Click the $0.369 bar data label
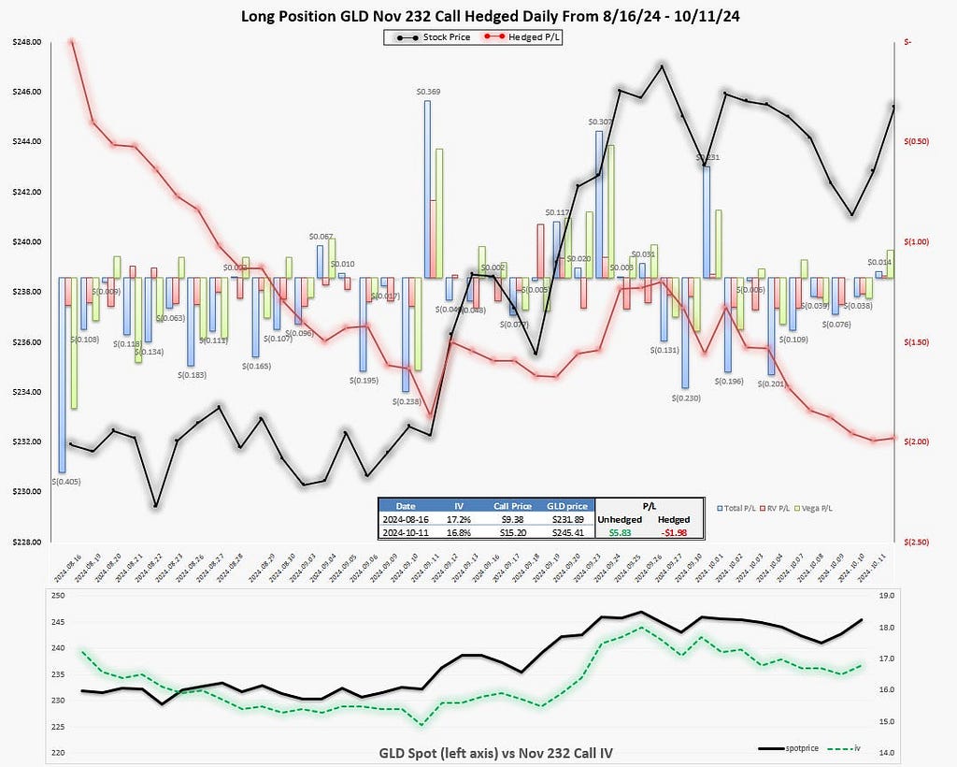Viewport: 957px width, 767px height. point(428,92)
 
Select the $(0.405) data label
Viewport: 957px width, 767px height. point(63,482)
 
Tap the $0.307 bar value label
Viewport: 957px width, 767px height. point(600,122)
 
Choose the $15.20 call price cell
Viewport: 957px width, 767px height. point(513,531)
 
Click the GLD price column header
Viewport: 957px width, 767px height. point(564,506)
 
